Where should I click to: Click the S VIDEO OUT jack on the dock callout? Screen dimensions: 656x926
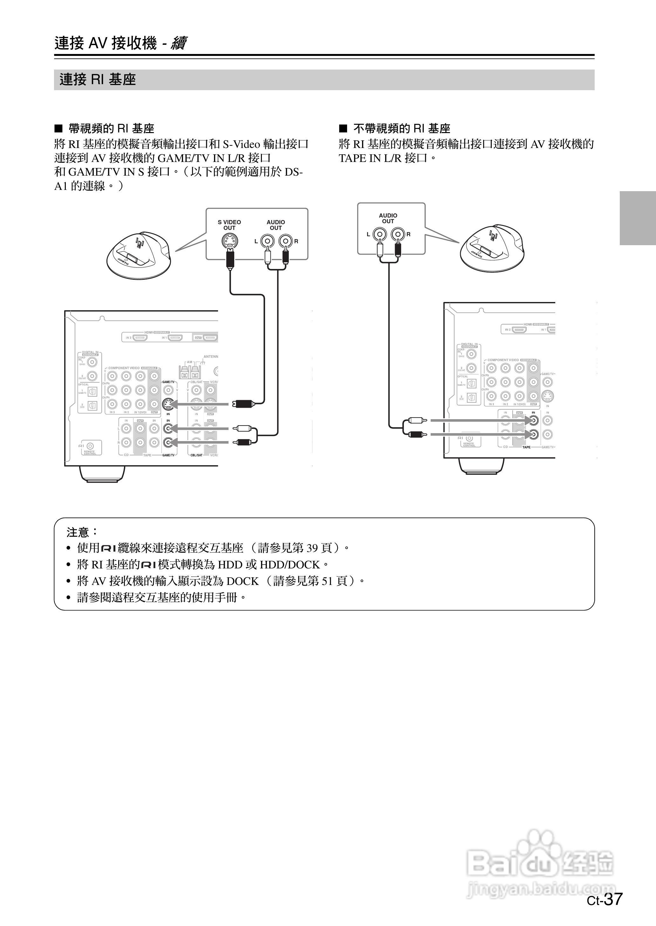point(230,241)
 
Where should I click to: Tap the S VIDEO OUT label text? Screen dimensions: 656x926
point(229,225)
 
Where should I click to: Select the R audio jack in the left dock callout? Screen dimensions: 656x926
point(286,241)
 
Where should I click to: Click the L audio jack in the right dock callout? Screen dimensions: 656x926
point(380,234)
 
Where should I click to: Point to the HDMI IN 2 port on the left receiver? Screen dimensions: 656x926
point(140,337)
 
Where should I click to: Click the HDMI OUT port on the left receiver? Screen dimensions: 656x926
point(210,337)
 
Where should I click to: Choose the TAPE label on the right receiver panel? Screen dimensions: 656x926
point(526,447)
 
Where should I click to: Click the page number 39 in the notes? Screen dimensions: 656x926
point(312,547)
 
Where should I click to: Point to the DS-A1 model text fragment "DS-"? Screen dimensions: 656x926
point(294,172)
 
